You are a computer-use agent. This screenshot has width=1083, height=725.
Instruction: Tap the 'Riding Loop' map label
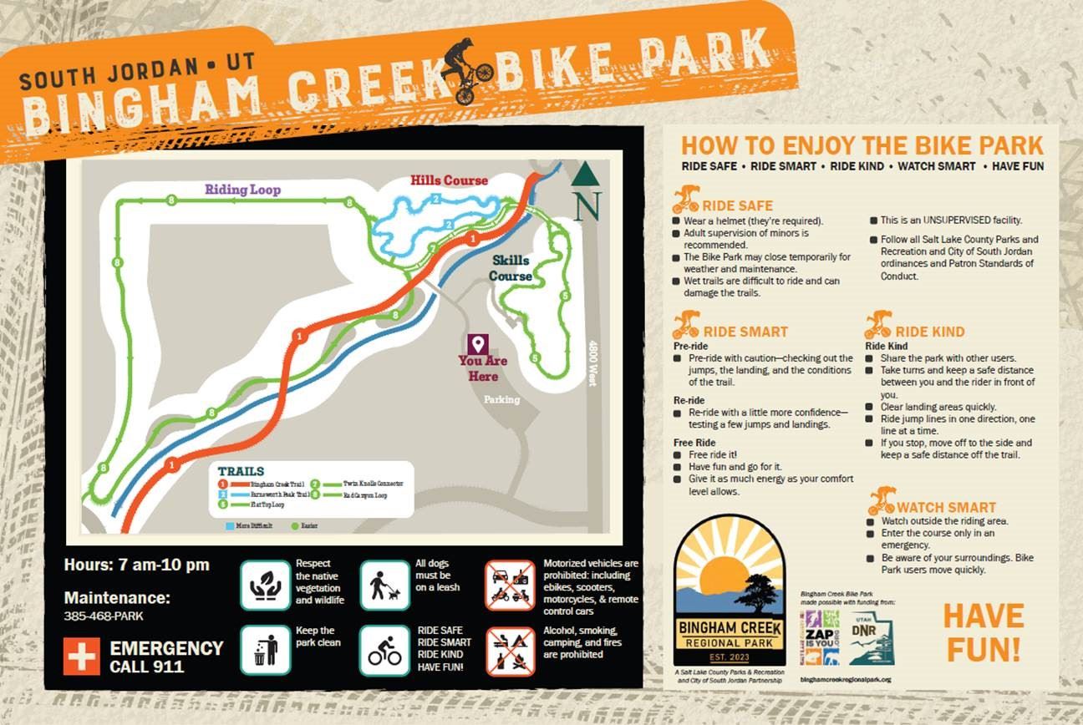click(x=242, y=190)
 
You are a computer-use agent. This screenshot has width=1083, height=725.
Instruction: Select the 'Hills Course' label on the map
click(x=449, y=180)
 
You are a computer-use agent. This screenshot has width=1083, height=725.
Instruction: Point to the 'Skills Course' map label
click(x=510, y=268)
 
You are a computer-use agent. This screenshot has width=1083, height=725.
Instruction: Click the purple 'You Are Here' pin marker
click(x=478, y=344)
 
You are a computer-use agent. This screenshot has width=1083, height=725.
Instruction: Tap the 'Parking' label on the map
click(x=501, y=399)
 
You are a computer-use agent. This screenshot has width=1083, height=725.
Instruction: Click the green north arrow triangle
click(x=586, y=174)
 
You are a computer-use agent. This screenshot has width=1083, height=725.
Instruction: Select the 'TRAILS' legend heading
click(x=241, y=471)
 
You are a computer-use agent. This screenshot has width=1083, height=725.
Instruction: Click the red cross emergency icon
click(x=82, y=657)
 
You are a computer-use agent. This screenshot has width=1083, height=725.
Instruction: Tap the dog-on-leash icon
click(x=384, y=586)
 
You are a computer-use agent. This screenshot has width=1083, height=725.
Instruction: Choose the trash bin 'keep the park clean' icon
click(x=266, y=649)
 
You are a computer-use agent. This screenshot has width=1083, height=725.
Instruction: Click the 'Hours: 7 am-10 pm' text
click(x=137, y=565)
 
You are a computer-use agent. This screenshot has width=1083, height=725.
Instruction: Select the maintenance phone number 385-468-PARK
click(x=104, y=616)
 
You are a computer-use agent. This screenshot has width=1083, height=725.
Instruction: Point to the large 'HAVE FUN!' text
click(x=983, y=631)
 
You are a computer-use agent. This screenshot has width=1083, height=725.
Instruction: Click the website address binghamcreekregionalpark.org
click(x=844, y=680)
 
